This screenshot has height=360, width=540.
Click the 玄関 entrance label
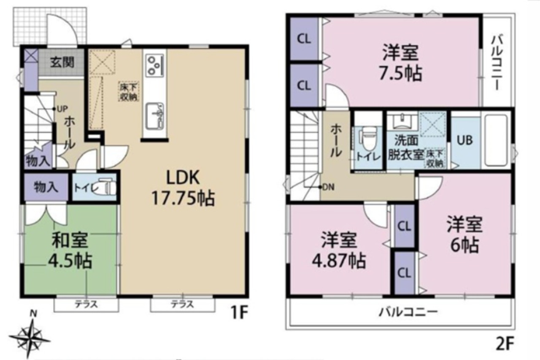pyautogui.click(x=62, y=62)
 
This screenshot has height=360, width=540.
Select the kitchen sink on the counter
pyautogui.click(x=154, y=117)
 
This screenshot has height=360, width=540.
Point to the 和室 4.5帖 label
pyautogui.click(x=70, y=250)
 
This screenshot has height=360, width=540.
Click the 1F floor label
pyautogui.click(x=240, y=313)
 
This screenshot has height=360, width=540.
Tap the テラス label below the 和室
pyautogui.click(x=86, y=305)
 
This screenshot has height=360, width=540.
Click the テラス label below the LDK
pyautogui.click(x=183, y=305)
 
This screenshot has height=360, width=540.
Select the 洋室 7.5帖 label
pyautogui.click(x=400, y=63)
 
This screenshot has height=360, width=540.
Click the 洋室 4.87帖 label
pyautogui.click(x=339, y=250)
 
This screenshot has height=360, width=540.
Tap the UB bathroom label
pyautogui.click(x=465, y=140)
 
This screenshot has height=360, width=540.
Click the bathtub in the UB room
pyautogui.click(x=496, y=140)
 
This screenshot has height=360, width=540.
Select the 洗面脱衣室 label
pyautogui.click(x=406, y=149)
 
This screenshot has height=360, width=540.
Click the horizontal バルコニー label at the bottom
pyautogui.click(x=408, y=313)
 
